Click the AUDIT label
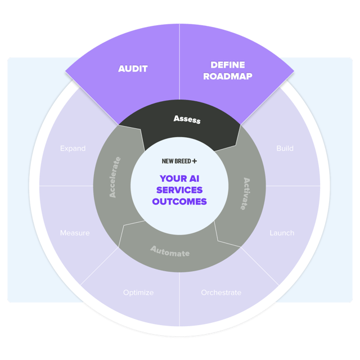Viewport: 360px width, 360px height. (133, 69)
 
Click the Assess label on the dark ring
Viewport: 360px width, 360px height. (187, 119)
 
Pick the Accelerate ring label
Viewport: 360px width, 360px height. (115, 177)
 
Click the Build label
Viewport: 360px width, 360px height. (285, 148)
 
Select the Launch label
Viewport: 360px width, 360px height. (282, 233)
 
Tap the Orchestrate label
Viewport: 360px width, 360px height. (221, 292)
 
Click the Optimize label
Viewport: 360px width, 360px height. (138, 292)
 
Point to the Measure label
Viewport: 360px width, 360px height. (75, 233)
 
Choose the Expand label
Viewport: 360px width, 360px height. (73, 148)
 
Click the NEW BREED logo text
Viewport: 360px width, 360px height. (175, 161)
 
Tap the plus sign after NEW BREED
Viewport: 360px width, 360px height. (195, 161)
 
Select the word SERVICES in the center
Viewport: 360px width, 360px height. (180, 190)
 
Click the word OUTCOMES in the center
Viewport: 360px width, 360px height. (180, 201)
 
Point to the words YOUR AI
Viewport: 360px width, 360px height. (180, 178)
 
